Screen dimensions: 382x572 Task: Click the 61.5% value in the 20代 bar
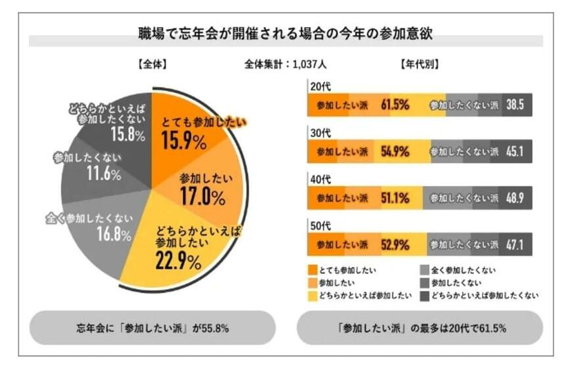coord(395,105)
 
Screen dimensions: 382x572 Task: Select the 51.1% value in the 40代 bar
coord(395,198)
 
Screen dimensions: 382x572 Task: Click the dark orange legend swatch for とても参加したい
coord(312,270)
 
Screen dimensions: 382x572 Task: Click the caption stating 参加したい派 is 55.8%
coord(152,328)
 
